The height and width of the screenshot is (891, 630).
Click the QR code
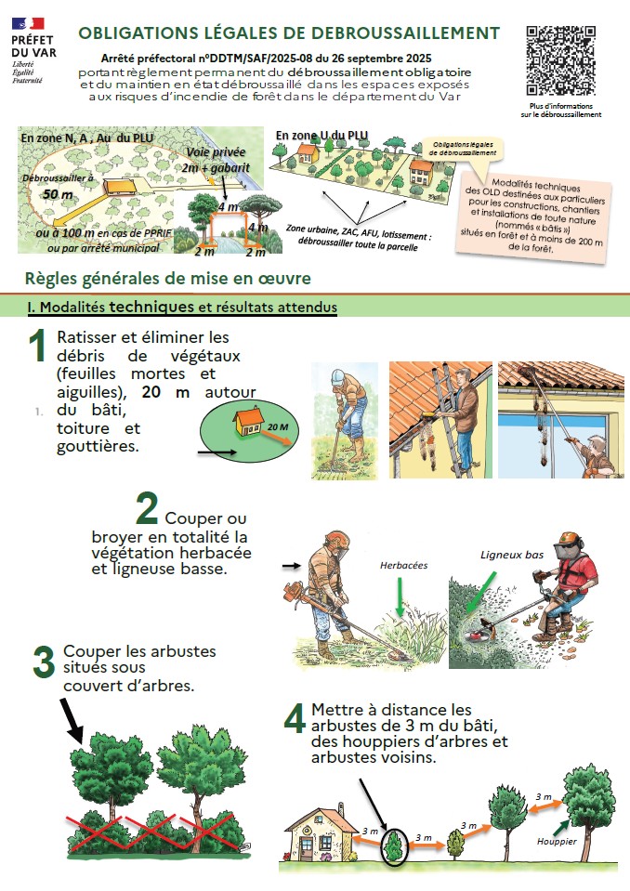[560, 60]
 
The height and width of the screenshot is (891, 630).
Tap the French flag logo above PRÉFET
[28, 23]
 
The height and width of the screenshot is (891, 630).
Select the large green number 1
[37, 346]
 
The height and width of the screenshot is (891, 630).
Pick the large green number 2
[147, 508]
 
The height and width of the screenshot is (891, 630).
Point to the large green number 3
[44, 662]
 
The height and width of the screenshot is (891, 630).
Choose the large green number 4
[295, 717]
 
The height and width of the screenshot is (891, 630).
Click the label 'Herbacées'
[404, 566]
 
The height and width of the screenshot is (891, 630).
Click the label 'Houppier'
[557, 842]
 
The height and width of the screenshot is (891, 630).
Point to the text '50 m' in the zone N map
[58, 194]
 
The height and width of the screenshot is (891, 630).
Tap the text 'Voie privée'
[216, 152]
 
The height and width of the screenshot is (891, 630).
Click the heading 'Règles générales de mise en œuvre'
[168, 279]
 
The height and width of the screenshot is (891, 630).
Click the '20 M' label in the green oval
[278, 426]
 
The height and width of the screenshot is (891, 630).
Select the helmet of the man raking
[338, 375]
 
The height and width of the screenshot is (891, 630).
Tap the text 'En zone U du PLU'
[322, 136]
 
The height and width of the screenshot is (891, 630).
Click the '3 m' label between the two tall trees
[544, 796]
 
